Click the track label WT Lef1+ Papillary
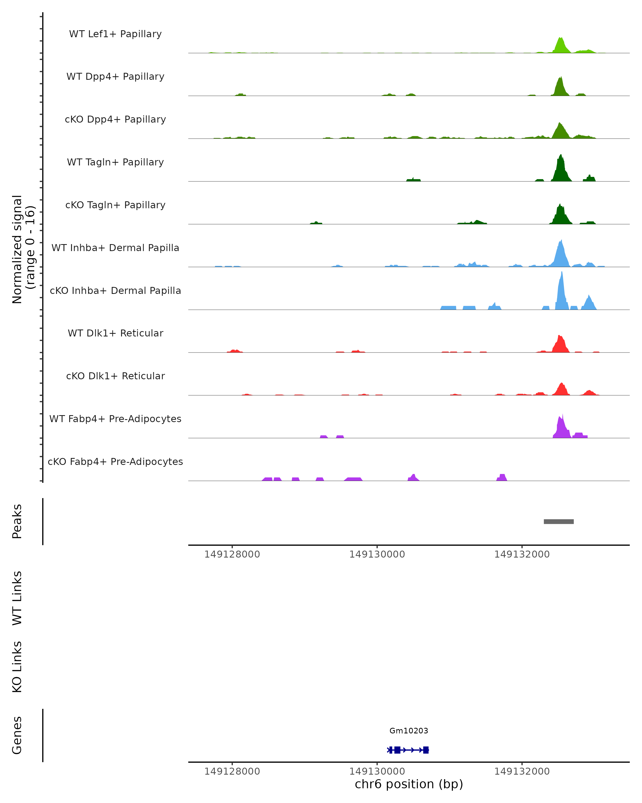(x=115, y=34)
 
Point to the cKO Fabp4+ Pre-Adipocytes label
(x=115, y=461)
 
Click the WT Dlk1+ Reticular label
(x=115, y=333)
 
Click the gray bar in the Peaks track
(x=558, y=521)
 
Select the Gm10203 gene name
(x=409, y=731)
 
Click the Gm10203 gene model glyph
(x=408, y=750)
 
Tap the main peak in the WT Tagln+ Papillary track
(x=560, y=169)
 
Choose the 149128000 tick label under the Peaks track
(x=232, y=554)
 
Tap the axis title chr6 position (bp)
(x=409, y=784)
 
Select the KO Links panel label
(x=17, y=667)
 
